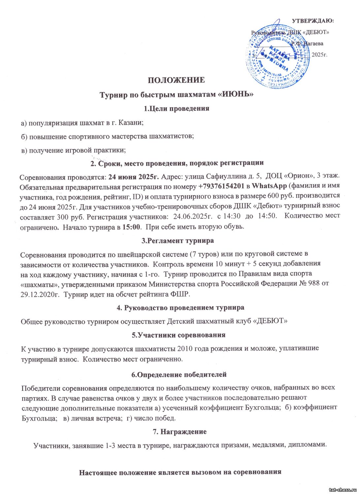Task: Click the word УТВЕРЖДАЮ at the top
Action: (312, 21)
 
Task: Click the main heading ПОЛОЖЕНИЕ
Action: (176, 80)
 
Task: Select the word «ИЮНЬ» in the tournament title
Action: (236, 95)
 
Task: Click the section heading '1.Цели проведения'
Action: (177, 109)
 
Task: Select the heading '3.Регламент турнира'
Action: (178, 241)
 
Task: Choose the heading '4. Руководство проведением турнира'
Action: (180, 308)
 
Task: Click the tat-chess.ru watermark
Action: (343, 490)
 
